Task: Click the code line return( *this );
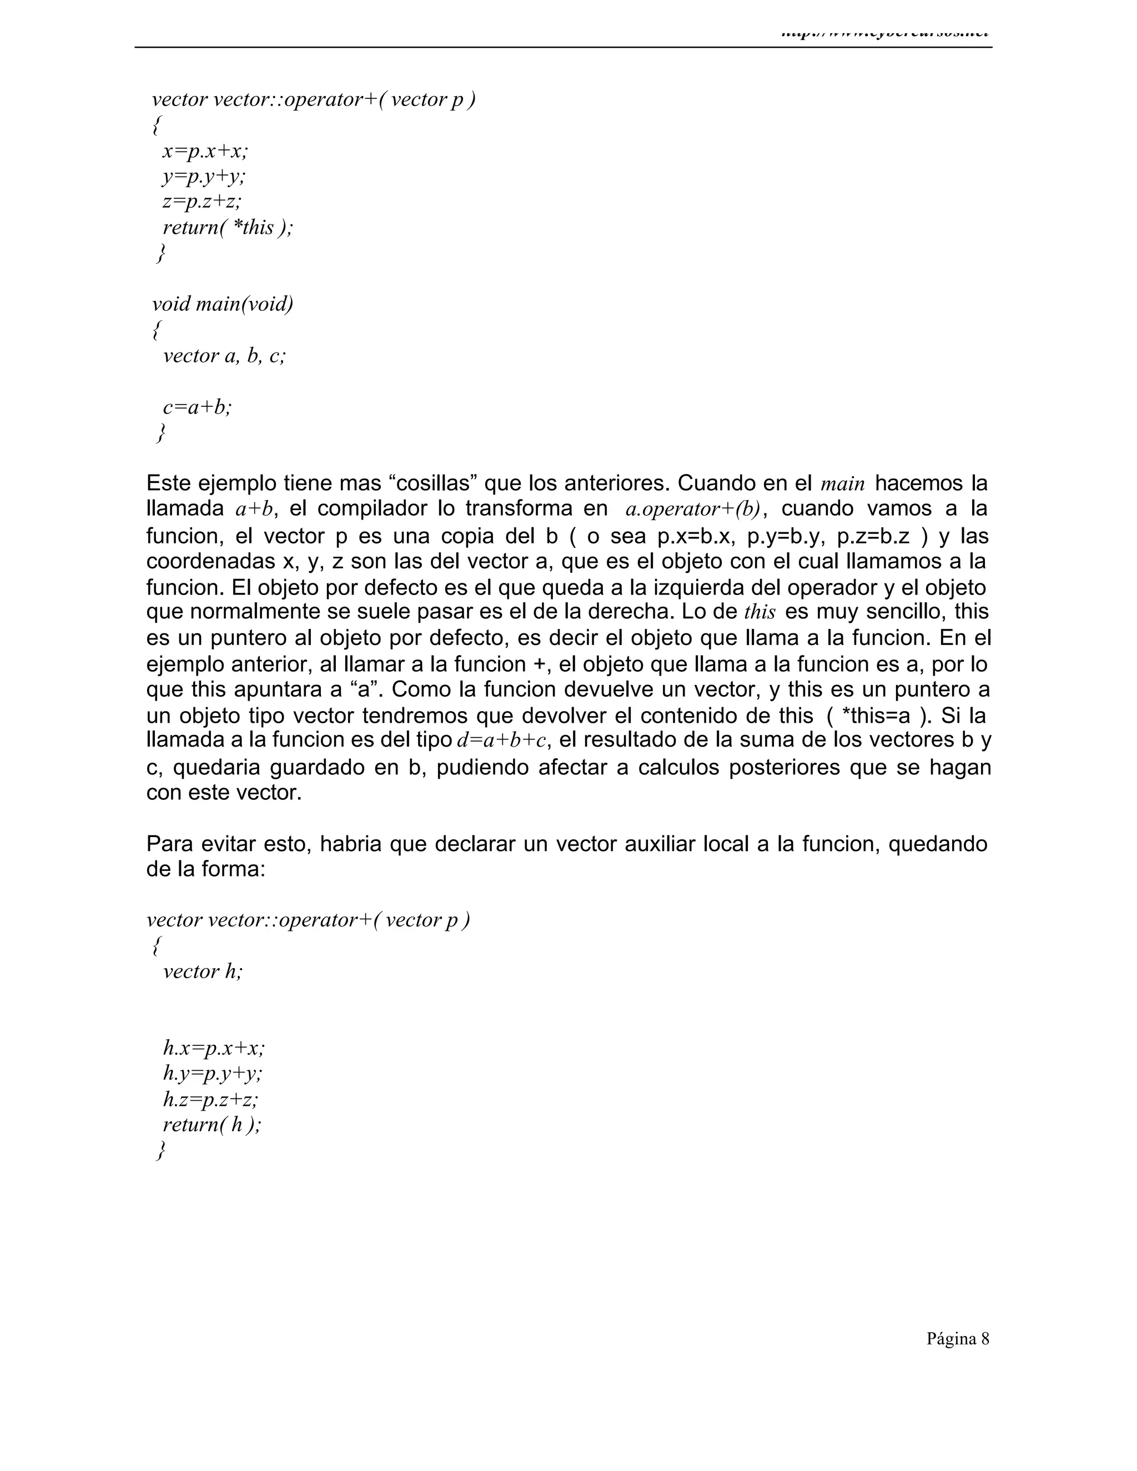coord(228,228)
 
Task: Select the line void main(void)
coord(222,304)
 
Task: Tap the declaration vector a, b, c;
coord(224,356)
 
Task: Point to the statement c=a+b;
coord(197,407)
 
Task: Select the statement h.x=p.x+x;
coord(214,1048)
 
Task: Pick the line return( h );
coord(212,1125)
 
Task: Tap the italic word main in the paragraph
coord(843,483)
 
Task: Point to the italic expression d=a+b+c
coord(501,740)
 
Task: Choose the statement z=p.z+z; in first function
coord(202,202)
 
